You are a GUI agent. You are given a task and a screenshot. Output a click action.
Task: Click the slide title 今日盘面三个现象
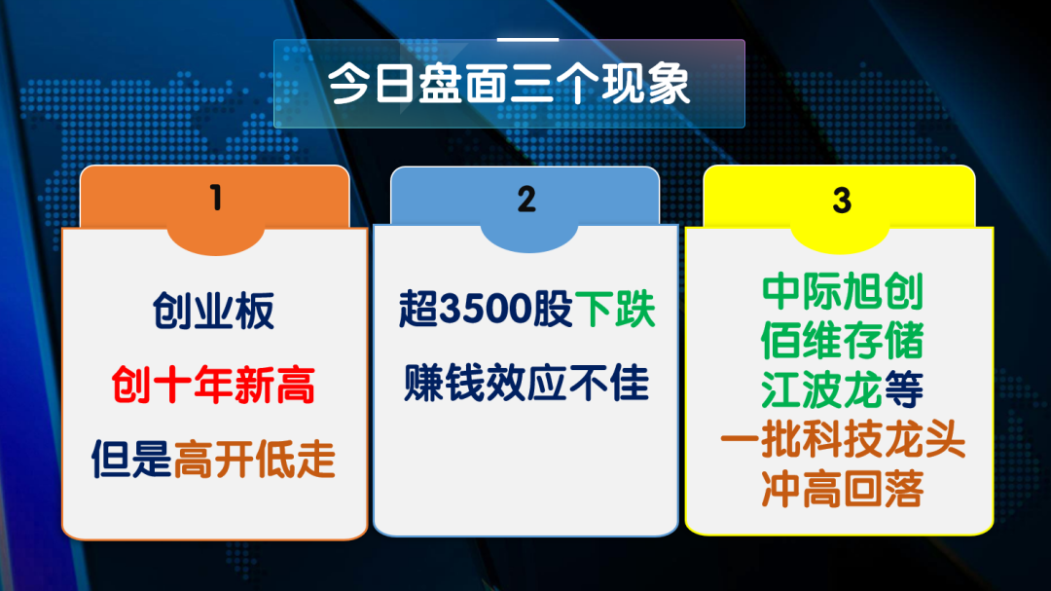(509, 84)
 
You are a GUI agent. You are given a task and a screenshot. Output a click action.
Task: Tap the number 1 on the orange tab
(215, 198)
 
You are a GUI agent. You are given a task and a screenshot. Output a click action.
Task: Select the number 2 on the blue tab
(526, 200)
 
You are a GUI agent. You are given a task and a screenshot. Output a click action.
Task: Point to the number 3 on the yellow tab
(842, 200)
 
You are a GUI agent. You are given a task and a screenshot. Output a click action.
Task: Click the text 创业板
(214, 312)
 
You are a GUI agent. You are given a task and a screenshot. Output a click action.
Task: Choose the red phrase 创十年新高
(213, 385)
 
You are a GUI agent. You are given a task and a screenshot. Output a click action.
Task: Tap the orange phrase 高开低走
(255, 460)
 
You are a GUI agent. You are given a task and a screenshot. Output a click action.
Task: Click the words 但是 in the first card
(132, 460)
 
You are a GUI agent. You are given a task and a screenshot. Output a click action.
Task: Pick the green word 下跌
(615, 310)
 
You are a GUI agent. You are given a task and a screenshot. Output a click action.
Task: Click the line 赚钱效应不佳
(526, 383)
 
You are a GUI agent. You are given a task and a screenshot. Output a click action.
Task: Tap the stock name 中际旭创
(843, 291)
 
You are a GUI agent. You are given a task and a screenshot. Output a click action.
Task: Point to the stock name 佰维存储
(843, 341)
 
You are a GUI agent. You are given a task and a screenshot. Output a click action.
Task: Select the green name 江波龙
(821, 389)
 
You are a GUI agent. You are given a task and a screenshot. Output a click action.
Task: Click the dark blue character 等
(903, 389)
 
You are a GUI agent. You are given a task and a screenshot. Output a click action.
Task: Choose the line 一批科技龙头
(843, 439)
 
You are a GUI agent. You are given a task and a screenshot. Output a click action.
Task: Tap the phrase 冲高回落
(843, 489)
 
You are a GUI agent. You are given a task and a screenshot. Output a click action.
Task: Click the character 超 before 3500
(418, 310)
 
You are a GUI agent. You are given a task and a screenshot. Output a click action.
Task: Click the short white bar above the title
(527, 40)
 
